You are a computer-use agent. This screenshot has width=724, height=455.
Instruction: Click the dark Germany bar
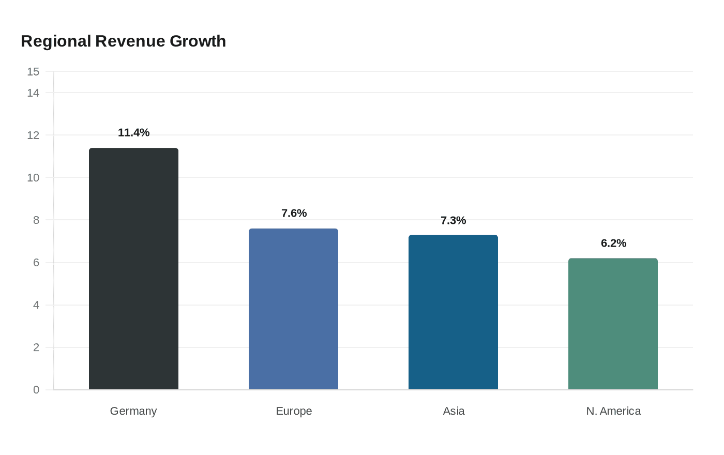133,268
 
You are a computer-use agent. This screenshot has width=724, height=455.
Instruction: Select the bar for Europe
294,309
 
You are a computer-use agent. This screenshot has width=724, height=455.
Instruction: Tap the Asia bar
453,312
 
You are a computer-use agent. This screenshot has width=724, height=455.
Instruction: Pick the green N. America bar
613,324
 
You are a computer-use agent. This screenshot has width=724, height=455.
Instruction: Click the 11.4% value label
133,132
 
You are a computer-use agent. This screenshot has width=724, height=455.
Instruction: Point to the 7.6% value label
294,213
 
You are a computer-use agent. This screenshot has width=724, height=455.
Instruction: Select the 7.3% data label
453,220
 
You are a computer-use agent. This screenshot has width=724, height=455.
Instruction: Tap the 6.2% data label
613,243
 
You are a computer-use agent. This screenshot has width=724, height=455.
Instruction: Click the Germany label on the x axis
133,412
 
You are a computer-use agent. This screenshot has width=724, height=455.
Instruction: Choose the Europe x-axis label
294,412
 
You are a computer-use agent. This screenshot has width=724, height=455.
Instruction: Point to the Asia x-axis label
454,411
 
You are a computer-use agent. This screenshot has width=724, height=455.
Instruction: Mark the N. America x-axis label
613,411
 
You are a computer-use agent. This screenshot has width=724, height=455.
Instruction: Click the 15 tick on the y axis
33,72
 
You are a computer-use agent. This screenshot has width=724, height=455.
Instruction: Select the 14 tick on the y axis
33,93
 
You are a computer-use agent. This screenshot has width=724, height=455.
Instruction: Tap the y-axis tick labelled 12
33,135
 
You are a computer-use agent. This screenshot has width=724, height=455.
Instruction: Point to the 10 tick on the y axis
33,178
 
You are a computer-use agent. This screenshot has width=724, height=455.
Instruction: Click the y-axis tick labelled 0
36,390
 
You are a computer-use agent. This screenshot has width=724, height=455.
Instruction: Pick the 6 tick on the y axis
36,263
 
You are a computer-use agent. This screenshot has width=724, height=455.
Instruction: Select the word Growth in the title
198,41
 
